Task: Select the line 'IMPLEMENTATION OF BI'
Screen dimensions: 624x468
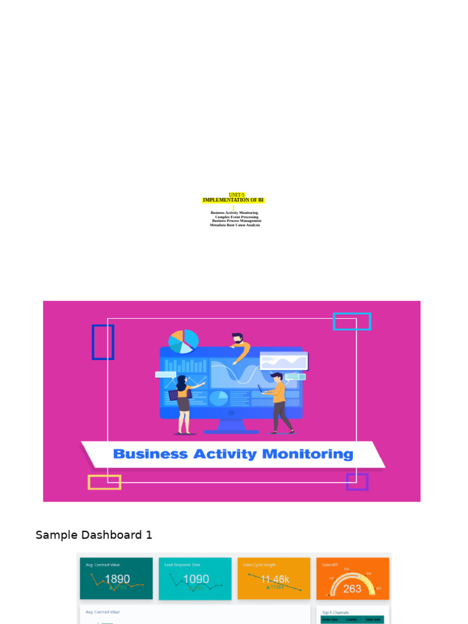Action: [233, 200]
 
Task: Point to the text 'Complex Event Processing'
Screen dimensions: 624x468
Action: [236, 217]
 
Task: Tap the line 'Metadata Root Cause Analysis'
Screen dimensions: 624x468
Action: [235, 225]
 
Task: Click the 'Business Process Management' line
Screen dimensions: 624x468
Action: [236, 221]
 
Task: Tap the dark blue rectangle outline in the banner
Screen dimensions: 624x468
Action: [103, 342]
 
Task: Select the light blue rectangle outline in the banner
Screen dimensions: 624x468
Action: [352, 321]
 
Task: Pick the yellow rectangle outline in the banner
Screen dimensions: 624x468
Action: [104, 482]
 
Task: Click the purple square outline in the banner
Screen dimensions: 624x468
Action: [357, 481]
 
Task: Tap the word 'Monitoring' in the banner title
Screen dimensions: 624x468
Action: [307, 454]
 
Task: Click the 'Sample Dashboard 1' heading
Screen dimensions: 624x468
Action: [94, 535]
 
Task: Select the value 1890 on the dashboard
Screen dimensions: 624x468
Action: [116, 579]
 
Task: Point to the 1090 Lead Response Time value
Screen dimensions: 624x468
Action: [196, 579]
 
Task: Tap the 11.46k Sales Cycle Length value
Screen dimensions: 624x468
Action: [275, 579]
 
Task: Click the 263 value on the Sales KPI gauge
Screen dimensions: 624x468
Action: [352, 588]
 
